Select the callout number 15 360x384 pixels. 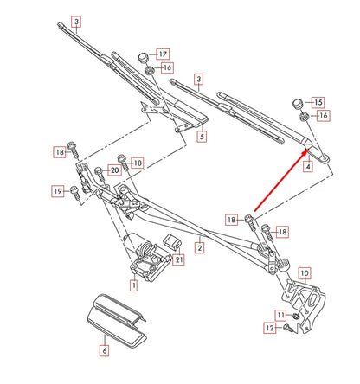317,102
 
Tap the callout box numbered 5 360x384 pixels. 202,137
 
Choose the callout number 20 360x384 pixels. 113,170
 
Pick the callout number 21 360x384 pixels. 179,259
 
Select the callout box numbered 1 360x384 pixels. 133,284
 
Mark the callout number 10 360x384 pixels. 304,273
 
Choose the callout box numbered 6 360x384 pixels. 104,350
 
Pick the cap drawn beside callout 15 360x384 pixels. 299,102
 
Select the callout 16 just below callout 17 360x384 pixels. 167,67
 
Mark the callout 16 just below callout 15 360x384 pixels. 323,115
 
